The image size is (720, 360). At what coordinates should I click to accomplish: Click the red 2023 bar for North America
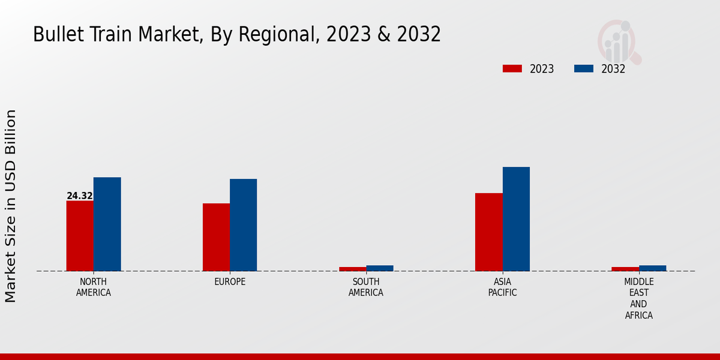click(80, 236)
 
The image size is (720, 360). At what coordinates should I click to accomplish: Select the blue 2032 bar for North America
click(107, 224)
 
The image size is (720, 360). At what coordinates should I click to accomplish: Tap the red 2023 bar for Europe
click(216, 237)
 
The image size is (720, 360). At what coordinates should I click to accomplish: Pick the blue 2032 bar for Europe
click(243, 225)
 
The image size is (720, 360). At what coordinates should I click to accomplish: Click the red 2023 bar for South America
click(352, 269)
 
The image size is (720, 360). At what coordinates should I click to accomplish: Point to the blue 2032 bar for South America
click(380, 268)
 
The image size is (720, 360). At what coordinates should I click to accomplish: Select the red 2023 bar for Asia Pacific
click(488, 232)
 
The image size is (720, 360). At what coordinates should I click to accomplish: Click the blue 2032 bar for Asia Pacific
click(516, 219)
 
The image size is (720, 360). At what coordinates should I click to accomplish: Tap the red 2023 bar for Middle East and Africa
click(625, 269)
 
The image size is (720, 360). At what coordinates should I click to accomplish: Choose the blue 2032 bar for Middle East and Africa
click(652, 268)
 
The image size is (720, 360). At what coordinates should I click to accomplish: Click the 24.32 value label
click(80, 196)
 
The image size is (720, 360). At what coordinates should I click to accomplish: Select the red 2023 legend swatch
click(512, 68)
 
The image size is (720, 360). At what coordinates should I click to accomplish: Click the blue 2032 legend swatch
click(583, 68)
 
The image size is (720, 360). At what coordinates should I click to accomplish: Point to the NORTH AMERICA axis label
click(94, 287)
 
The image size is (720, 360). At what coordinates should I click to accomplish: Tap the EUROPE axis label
click(230, 282)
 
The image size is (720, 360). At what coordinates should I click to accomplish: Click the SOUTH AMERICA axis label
click(366, 287)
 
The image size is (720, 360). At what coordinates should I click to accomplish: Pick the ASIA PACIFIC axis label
click(502, 287)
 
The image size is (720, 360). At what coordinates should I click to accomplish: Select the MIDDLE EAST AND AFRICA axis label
click(639, 299)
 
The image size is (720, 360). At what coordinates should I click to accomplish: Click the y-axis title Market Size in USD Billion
click(11, 206)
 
